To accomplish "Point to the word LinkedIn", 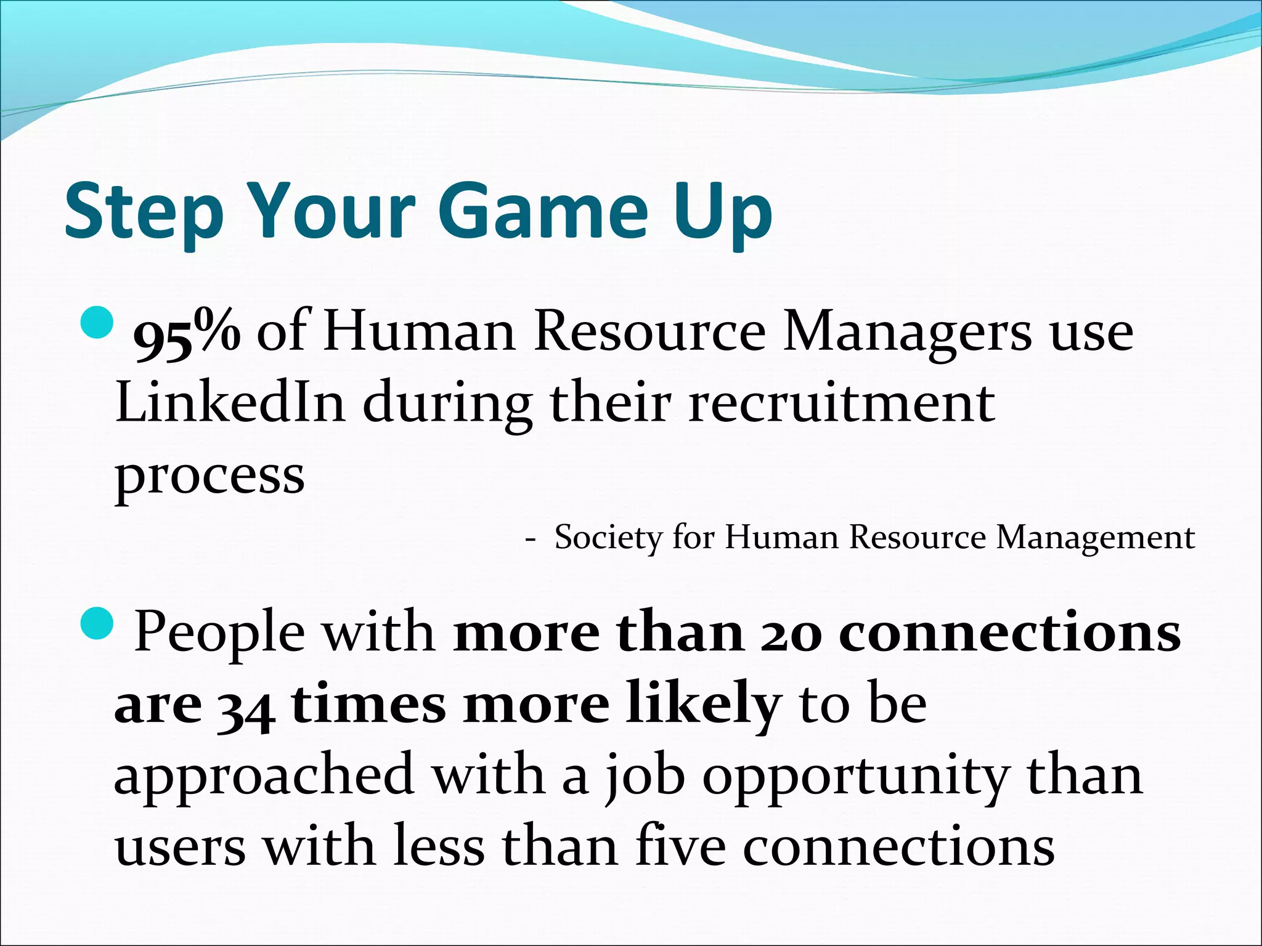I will click(230, 403).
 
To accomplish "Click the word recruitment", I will click(841, 403).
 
